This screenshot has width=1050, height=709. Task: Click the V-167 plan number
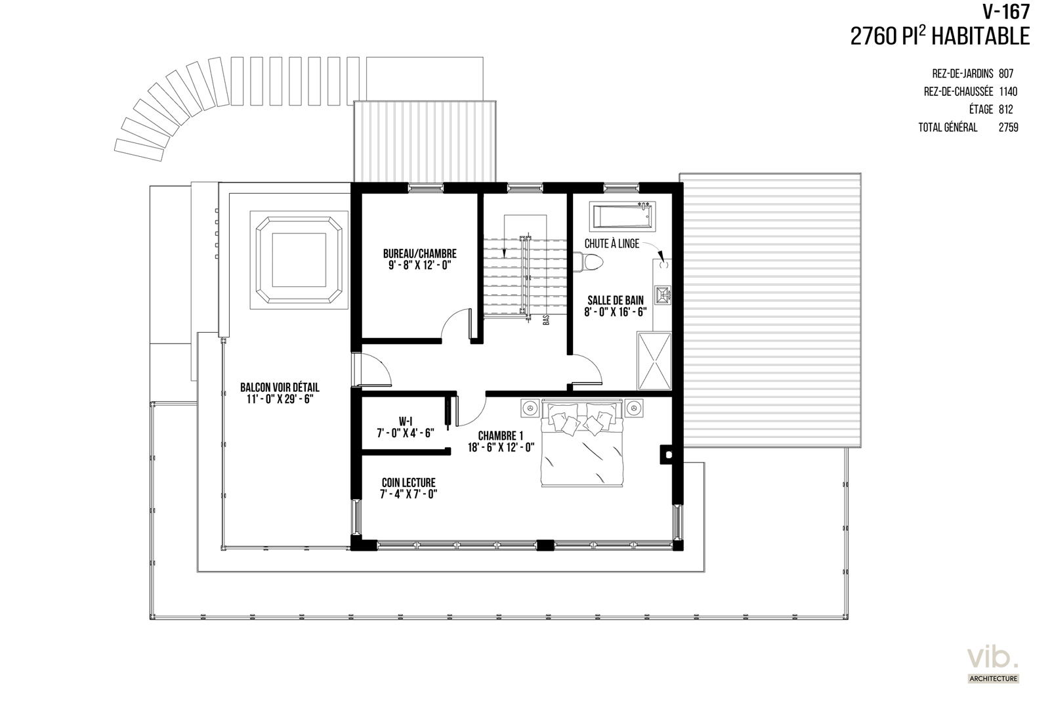click(1006, 12)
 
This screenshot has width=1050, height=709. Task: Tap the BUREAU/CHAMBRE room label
click(419, 253)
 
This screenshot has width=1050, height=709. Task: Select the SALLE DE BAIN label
click(616, 300)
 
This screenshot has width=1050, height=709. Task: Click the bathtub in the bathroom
click(623, 217)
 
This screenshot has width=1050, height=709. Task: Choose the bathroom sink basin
click(663, 295)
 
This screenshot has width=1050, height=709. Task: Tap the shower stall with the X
click(654, 361)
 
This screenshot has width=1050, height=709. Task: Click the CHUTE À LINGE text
click(612, 244)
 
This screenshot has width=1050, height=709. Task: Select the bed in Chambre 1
click(581, 442)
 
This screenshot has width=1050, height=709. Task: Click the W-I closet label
click(406, 421)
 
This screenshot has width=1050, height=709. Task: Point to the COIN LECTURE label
click(408, 483)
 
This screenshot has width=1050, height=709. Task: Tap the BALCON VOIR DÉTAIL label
click(280, 387)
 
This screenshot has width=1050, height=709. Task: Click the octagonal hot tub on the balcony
click(299, 260)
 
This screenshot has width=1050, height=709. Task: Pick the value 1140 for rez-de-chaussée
click(1008, 91)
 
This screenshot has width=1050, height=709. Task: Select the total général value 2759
click(1008, 127)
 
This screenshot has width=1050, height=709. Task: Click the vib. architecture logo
click(994, 665)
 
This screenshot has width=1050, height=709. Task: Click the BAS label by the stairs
click(546, 320)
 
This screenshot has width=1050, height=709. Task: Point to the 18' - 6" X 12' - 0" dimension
click(501, 447)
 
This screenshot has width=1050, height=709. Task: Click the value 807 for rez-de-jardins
click(1006, 74)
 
